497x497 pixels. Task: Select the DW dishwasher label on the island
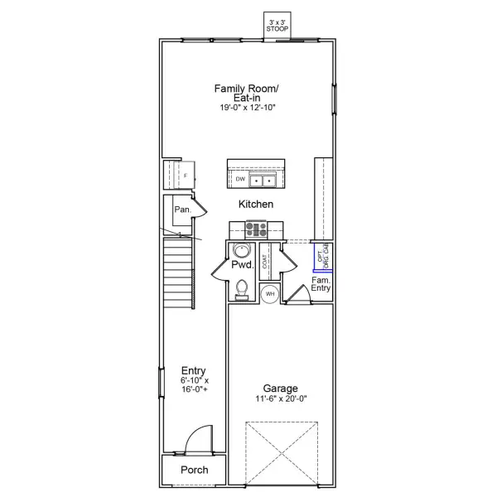point(240,179)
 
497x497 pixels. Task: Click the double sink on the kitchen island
point(264,179)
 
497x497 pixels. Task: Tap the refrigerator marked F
point(185,176)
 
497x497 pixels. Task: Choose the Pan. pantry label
point(182,210)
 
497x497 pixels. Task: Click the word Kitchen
point(256,204)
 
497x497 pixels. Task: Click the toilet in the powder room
point(242,287)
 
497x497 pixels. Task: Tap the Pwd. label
point(242,266)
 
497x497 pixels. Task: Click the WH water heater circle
point(270,293)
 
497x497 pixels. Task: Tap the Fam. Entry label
point(321,284)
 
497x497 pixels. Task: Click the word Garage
point(282,388)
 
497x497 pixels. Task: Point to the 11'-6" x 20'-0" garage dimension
point(282,399)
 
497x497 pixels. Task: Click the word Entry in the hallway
point(193,370)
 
